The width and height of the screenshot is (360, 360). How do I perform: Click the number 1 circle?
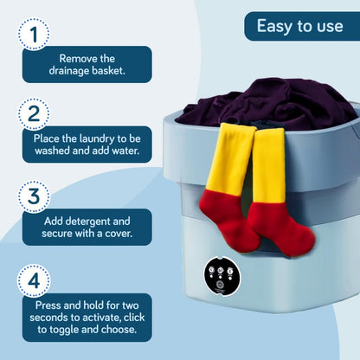point(34,34)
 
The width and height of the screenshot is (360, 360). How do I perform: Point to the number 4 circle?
point(34,281)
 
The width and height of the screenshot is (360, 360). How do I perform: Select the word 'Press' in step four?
point(51,305)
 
